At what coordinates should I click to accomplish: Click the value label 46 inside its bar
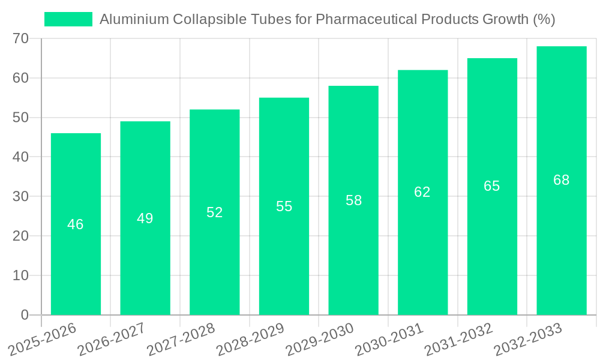76,224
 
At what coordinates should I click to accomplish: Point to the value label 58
353,200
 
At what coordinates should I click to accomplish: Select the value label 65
491,186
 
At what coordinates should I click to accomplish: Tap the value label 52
214,212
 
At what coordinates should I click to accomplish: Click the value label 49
145,218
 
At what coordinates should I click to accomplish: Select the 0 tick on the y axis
25,315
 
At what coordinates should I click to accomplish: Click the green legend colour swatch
68,19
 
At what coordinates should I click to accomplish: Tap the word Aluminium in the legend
134,19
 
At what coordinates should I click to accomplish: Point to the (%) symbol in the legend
544,19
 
